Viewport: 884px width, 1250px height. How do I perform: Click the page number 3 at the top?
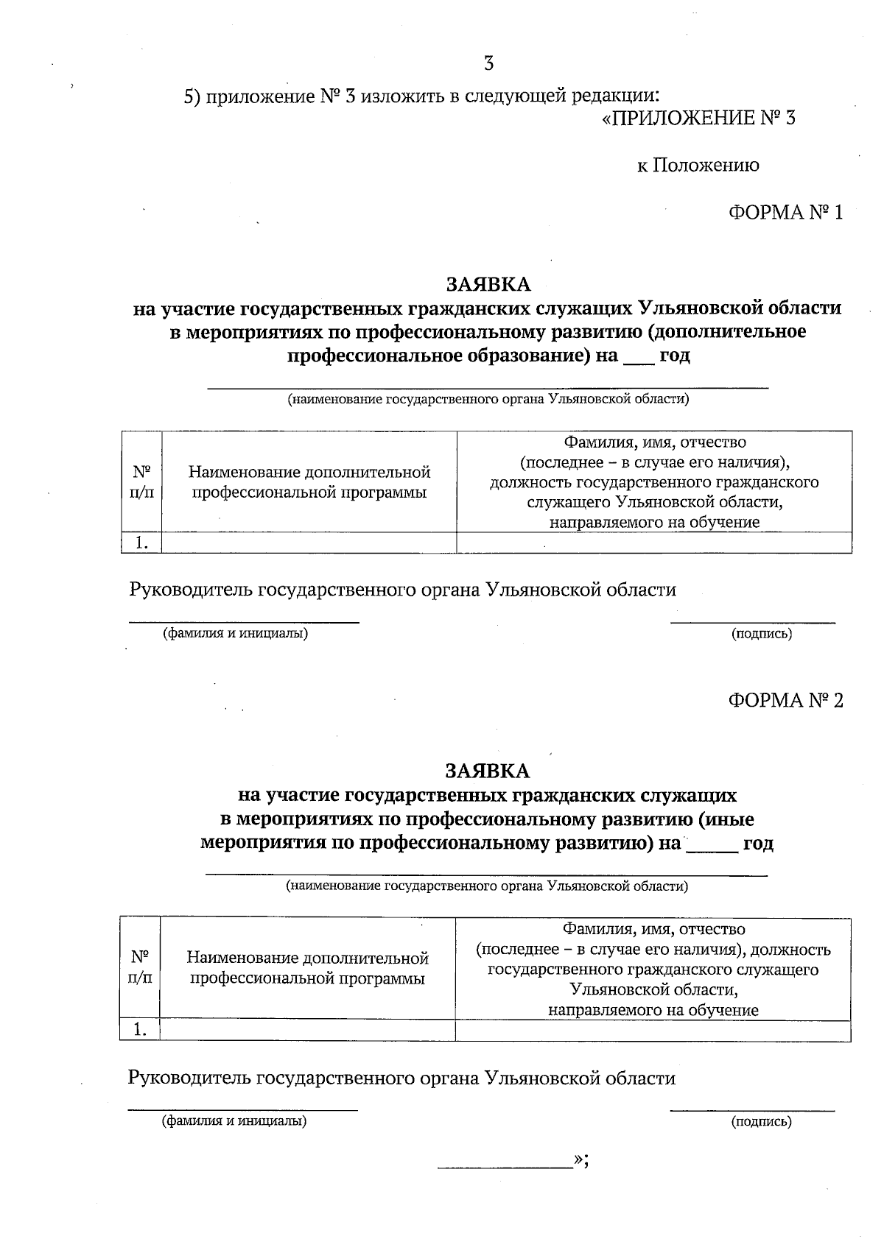(x=488, y=64)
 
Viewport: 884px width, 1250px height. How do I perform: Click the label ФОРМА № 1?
(x=785, y=213)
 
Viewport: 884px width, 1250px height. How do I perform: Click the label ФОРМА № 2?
(x=785, y=700)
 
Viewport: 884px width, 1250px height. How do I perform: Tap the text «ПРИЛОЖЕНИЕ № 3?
(x=698, y=118)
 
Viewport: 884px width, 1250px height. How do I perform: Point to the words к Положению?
(x=698, y=165)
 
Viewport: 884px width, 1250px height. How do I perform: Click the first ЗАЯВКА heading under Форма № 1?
(x=487, y=284)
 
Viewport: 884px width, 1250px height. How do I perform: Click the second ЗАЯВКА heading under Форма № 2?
(x=487, y=771)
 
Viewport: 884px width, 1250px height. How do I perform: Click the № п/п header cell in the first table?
(x=141, y=481)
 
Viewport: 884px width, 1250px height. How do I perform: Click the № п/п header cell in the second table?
(x=140, y=967)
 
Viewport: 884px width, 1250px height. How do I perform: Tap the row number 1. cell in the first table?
(x=141, y=543)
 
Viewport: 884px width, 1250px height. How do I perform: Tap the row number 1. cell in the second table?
(x=140, y=1031)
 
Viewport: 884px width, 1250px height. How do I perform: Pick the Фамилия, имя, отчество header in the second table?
(x=653, y=929)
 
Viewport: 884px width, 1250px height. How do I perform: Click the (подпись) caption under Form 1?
(x=761, y=634)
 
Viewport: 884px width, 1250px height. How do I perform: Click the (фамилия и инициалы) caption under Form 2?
(x=234, y=1121)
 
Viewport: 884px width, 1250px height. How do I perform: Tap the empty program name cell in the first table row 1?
(x=309, y=543)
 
